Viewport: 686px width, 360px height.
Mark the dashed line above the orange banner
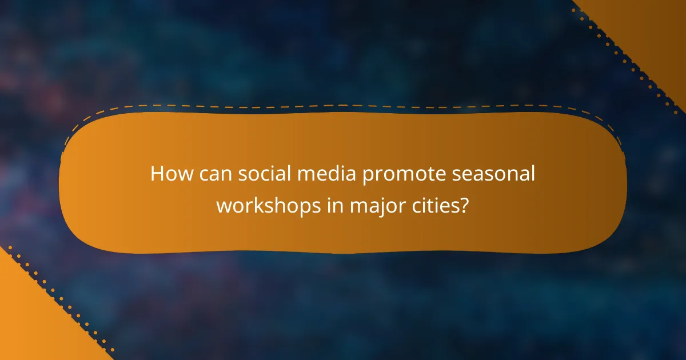pyautogui.click(x=343, y=106)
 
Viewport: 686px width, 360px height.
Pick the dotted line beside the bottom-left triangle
pyautogui.click(x=57, y=300)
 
